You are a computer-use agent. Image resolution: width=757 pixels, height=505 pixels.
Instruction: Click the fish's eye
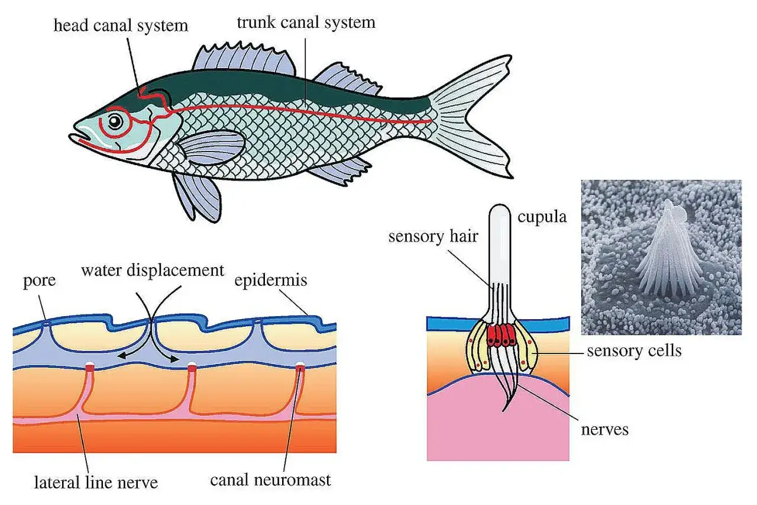tap(115, 122)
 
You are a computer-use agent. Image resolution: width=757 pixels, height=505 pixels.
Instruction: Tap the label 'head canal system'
tap(121, 25)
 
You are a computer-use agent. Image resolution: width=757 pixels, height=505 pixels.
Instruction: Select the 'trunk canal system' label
tap(306, 22)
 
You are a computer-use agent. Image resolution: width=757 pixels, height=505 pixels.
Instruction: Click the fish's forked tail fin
tap(473, 115)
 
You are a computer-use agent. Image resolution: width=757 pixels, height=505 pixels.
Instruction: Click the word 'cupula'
tap(542, 217)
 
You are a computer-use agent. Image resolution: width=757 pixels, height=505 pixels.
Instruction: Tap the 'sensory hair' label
tap(434, 236)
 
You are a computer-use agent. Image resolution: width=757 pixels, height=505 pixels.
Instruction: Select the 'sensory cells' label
tap(635, 350)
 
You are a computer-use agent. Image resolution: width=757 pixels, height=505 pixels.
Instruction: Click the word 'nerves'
tap(605, 430)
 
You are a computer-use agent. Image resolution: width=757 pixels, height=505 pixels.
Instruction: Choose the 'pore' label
tap(39, 281)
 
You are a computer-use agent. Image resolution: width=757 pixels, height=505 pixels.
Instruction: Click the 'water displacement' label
tap(153, 270)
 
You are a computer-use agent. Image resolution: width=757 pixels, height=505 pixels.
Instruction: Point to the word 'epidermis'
tap(271, 281)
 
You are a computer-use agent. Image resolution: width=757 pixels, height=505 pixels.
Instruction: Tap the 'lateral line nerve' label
tap(96, 483)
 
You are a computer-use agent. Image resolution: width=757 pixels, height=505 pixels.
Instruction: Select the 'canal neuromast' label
tap(270, 480)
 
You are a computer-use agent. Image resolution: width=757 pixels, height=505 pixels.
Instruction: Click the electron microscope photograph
tap(661, 258)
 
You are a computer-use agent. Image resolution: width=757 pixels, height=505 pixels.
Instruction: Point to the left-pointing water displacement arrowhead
tap(122, 355)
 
